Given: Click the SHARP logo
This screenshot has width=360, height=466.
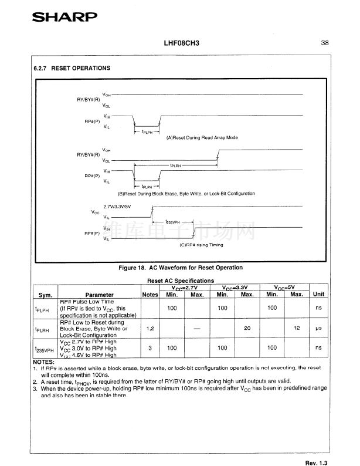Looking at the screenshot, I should click(64, 17).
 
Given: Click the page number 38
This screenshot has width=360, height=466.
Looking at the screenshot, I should click(324, 43).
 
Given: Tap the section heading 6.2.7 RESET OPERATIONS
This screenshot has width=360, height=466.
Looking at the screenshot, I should click(72, 68).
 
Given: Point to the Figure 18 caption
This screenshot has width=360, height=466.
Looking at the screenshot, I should click(181, 268).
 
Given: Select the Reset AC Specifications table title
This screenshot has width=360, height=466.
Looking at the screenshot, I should click(180, 281).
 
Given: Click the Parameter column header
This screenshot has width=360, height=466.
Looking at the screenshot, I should click(99, 295).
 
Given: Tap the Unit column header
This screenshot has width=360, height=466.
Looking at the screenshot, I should click(318, 294).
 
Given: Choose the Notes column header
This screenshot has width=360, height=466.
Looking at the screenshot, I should click(150, 295).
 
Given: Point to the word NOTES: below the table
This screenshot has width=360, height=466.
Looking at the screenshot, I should click(43, 362).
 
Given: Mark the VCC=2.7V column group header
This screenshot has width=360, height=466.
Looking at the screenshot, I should click(185, 287).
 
